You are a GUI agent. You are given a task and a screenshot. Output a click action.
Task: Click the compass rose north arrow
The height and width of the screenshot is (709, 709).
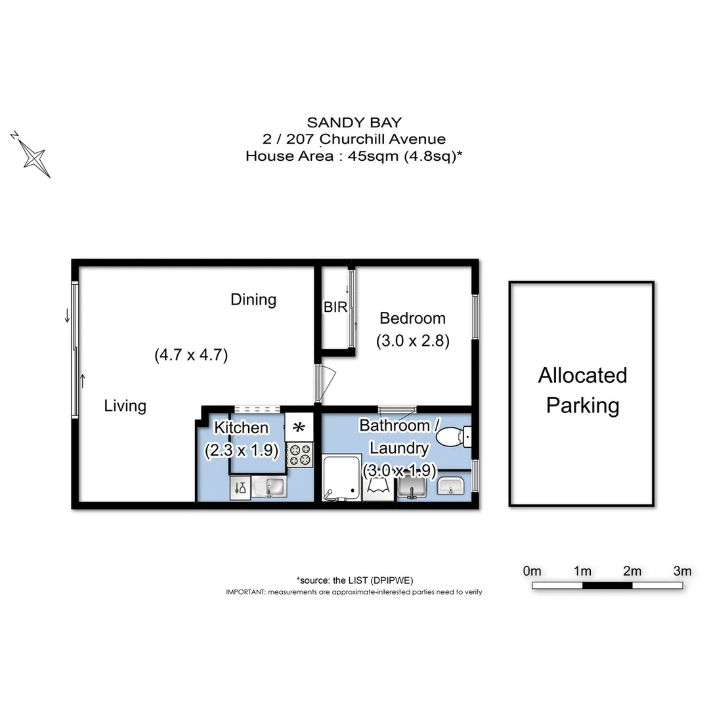32,155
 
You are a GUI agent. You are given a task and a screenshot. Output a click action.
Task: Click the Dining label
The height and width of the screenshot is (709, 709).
253,300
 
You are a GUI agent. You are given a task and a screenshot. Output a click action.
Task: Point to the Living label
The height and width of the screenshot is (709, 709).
125,406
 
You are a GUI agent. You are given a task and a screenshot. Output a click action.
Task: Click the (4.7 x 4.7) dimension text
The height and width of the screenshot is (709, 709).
191,355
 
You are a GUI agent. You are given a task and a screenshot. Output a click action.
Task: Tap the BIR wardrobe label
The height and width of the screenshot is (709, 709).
335,307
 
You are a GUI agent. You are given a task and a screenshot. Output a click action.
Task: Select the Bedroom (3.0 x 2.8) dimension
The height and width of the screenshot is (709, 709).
412,341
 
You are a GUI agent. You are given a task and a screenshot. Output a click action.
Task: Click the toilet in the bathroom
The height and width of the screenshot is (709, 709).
454,437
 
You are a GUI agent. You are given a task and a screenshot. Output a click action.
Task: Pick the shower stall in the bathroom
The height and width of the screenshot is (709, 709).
341,478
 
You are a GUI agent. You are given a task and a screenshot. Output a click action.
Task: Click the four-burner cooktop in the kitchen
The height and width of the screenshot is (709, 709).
299,455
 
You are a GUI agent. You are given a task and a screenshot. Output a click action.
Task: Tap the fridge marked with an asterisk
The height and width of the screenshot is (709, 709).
299,427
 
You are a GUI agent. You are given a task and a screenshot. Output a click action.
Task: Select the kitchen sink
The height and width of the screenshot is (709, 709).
274,487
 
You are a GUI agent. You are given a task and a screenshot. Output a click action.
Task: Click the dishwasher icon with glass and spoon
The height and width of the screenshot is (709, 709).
240,488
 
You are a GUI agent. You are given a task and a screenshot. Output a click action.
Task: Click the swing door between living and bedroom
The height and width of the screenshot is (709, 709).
325,383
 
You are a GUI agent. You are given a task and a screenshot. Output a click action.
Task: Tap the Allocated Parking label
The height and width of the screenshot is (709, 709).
582,391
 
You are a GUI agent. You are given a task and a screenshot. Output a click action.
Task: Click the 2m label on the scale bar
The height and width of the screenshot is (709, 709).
632,570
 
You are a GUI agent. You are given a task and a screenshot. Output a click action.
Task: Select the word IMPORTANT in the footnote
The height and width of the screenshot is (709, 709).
245,591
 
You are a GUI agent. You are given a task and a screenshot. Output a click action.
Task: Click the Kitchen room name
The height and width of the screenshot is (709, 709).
242,428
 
